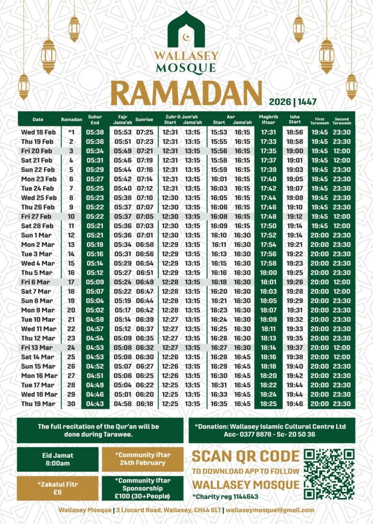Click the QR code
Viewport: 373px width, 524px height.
click(329, 474)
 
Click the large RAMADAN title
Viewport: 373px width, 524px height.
click(186, 94)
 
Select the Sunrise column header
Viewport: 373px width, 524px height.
click(144, 119)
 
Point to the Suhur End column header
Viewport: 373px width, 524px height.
click(95, 119)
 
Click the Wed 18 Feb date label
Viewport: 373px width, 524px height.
click(38, 132)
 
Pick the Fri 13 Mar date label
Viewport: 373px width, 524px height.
click(38, 347)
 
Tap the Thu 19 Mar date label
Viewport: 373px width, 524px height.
click(38, 404)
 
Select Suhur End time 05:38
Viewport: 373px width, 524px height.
click(95, 132)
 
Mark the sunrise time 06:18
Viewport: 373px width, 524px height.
click(144, 404)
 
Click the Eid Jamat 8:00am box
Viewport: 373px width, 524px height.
click(57, 459)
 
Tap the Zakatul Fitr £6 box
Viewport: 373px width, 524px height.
click(57, 488)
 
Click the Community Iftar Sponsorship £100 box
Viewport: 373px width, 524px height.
click(143, 488)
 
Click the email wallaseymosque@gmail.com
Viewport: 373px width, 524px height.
click(270, 510)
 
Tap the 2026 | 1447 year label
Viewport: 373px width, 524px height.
click(292, 101)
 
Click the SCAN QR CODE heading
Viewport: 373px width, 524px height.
click(246, 456)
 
